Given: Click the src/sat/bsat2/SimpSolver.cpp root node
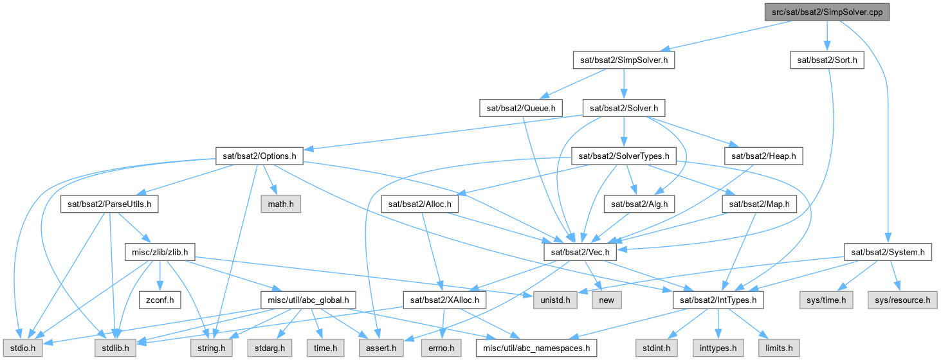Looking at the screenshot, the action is click(x=827, y=12).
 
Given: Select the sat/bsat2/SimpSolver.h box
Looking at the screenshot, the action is click(x=624, y=60).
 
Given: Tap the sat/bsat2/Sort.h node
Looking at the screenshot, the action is click(x=827, y=60).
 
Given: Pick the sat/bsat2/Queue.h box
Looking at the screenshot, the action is click(x=521, y=109).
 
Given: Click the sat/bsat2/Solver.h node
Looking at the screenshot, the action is click(x=624, y=109).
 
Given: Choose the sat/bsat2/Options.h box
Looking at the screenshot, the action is click(x=259, y=156).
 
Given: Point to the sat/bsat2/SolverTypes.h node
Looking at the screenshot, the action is click(x=624, y=156).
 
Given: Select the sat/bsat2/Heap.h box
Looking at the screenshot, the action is click(x=763, y=156).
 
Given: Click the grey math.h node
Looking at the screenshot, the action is click(x=280, y=204).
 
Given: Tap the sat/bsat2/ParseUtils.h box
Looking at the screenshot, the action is click(x=109, y=204).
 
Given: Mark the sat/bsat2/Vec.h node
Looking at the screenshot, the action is click(x=580, y=252).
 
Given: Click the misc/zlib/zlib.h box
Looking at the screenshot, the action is click(x=160, y=252).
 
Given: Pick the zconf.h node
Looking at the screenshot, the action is click(x=160, y=300).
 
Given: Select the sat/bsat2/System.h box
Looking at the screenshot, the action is click(x=888, y=252).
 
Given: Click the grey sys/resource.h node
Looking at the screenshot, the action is click(x=902, y=300).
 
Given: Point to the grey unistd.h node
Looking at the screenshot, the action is click(x=555, y=300).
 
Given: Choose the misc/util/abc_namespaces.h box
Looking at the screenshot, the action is click(x=536, y=348).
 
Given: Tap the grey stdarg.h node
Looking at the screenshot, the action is click(x=270, y=348).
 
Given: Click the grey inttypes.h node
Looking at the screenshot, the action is click(x=718, y=348).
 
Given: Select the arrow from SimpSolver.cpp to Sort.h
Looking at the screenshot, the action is click(x=827, y=36).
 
